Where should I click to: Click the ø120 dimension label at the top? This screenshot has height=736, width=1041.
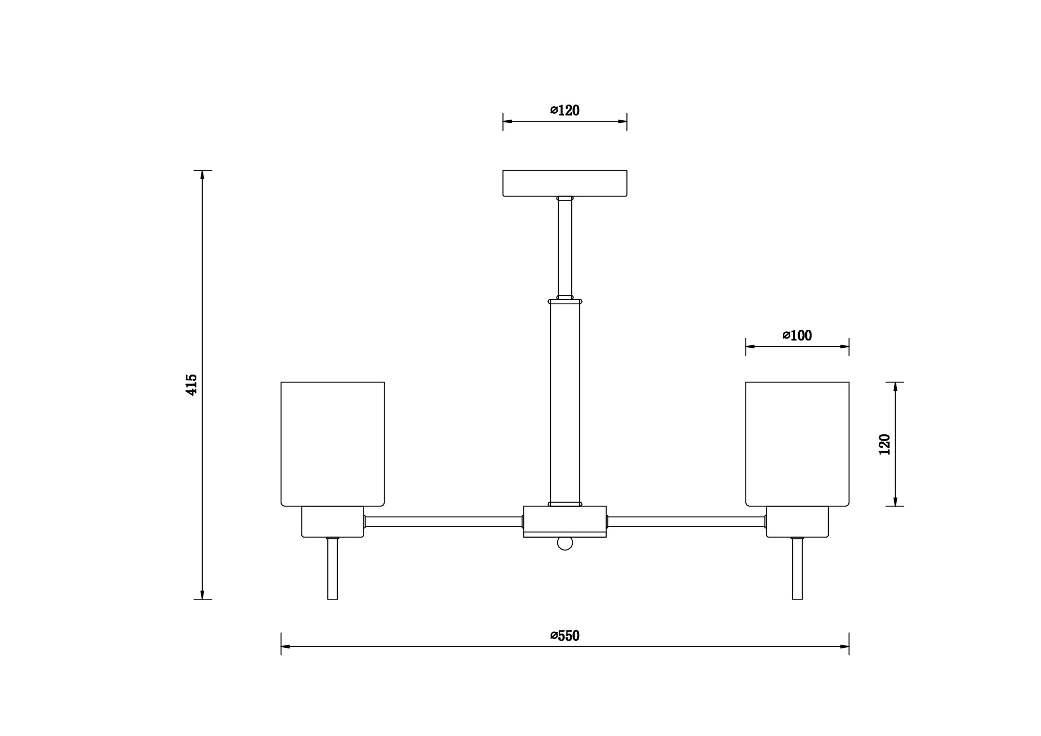[x=565, y=110]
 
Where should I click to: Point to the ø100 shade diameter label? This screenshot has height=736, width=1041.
[x=797, y=335]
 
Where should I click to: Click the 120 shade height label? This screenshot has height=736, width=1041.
[x=884, y=445]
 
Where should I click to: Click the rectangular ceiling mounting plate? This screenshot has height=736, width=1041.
[x=565, y=183]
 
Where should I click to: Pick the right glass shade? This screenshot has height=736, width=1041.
[x=797, y=444]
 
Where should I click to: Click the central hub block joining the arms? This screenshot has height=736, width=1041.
[x=565, y=521]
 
